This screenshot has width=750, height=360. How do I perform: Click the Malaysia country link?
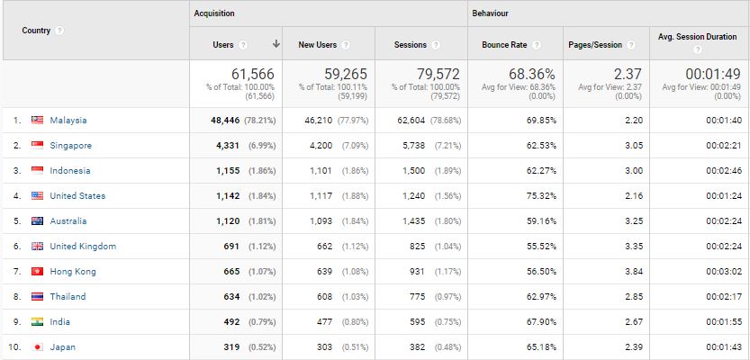[x=68, y=121]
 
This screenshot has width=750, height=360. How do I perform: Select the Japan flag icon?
[x=37, y=347]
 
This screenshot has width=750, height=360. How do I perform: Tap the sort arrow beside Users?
[x=276, y=44]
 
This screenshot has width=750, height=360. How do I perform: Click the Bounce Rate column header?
[x=504, y=45]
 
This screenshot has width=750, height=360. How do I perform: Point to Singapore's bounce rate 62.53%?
[x=541, y=146]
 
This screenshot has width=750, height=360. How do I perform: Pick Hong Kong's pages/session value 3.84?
[x=634, y=272]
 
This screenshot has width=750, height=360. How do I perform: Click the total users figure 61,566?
[x=253, y=74]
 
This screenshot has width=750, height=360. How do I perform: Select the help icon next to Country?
[x=59, y=31]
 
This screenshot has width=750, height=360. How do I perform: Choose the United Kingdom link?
[x=83, y=247]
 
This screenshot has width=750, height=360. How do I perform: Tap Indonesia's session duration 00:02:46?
[x=724, y=171]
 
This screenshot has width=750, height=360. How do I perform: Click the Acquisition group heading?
[x=214, y=13]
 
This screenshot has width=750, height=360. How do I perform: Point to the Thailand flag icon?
[x=37, y=296]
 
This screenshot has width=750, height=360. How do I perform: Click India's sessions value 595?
[x=417, y=322]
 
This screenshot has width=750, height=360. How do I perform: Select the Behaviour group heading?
[x=491, y=13]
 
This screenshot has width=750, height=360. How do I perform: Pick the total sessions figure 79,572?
[x=438, y=74]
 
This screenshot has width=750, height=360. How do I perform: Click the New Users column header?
[x=318, y=45]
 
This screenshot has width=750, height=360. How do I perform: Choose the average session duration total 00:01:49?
[x=713, y=74]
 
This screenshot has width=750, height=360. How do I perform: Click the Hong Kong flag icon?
[x=37, y=272]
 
